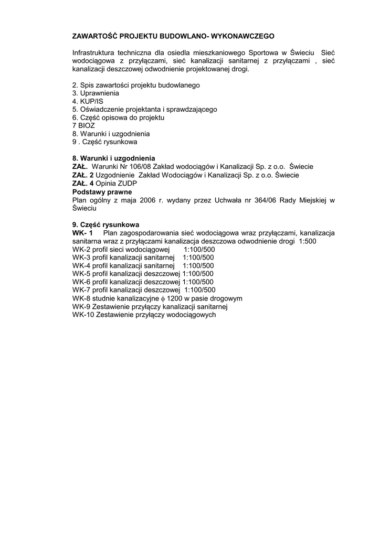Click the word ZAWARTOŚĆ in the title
[x=94, y=37]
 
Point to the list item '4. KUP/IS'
[x=88, y=101]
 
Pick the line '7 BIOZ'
[x=83, y=126]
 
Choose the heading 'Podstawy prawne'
[x=101, y=192]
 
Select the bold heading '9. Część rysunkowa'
[x=105, y=224]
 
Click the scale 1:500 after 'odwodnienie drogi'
[x=307, y=241]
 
